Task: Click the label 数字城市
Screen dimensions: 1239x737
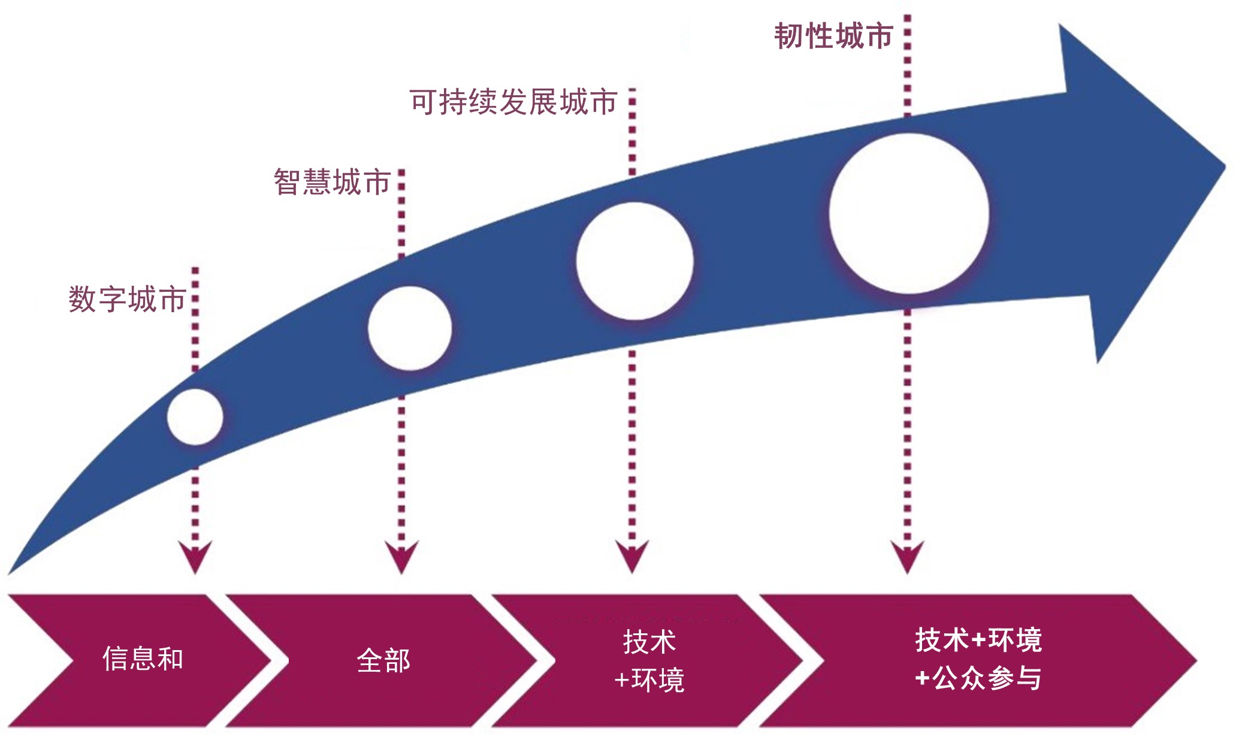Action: [127, 299]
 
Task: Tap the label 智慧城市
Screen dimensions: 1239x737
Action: [333, 182]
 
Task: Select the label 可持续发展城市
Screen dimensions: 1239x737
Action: [513, 102]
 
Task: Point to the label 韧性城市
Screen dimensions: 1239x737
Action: [834, 36]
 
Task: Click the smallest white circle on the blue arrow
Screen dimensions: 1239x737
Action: [195, 416]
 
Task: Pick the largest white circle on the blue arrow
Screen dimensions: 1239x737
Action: [909, 213]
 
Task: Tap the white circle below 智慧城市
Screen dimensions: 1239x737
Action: [410, 328]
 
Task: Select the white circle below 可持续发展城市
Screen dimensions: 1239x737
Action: [634, 261]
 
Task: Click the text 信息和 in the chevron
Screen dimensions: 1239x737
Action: [143, 659]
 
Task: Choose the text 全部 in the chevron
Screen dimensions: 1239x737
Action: [383, 661]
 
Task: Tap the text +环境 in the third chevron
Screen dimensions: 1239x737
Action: [649, 680]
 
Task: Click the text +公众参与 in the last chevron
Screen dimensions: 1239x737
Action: [978, 678]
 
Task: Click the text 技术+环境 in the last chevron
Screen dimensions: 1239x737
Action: [978, 640]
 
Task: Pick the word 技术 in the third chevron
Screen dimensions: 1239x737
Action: [649, 642]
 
